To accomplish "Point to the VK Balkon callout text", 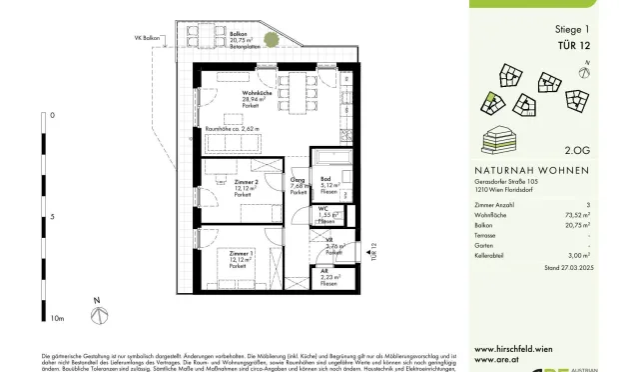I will pos(150,39).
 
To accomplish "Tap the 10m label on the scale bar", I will pos(56,318).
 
